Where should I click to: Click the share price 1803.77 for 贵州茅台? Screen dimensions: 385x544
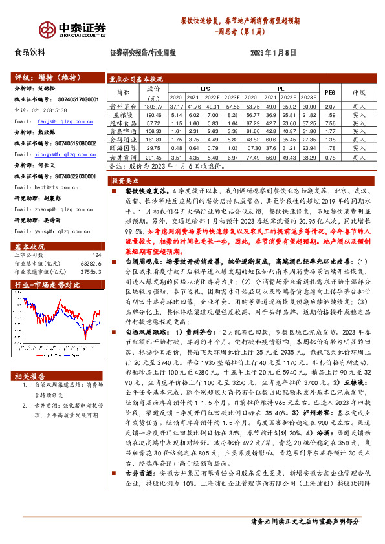point(154,105)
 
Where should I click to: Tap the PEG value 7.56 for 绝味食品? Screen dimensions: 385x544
point(329,122)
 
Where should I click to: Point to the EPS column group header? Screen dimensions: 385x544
point(205,87)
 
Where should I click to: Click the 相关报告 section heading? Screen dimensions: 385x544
point(31,376)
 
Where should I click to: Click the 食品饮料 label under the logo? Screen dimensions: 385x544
point(30,52)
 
